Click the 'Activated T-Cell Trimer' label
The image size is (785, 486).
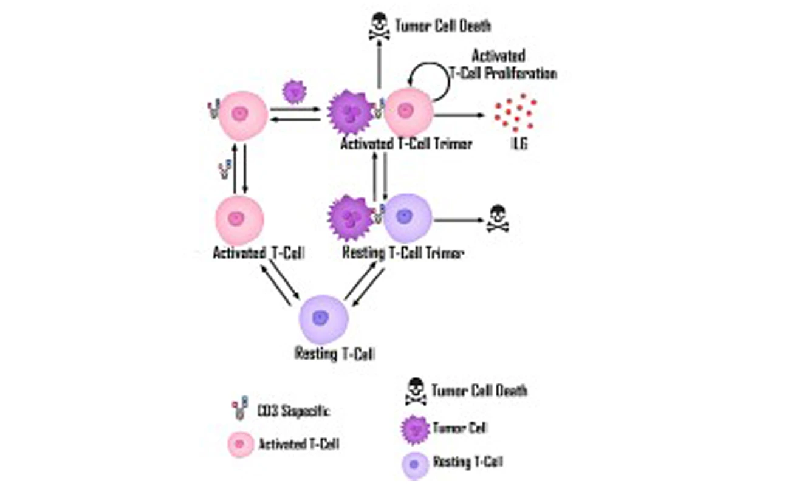pos(405,145)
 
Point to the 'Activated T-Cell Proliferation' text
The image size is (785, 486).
pos(514,65)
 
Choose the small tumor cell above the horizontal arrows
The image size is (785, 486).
pos(295,92)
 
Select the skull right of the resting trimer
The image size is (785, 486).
pos(497,220)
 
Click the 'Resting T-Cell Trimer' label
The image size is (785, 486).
pos(403,253)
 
